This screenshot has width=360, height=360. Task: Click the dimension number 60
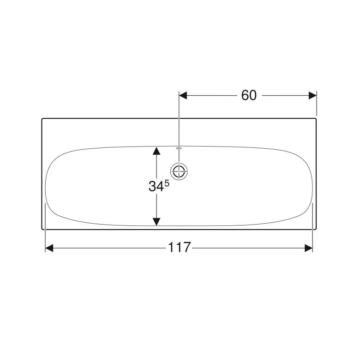click(x=249, y=95)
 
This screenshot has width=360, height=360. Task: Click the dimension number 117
click(x=180, y=247)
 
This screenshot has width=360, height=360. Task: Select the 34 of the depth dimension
click(x=156, y=186)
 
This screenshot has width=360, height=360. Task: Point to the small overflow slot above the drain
click(x=179, y=148)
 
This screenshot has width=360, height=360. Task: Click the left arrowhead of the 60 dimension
click(x=183, y=95)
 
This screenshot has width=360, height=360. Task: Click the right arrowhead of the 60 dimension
click(x=312, y=95)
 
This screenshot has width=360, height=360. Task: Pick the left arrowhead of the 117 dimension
click(x=49, y=248)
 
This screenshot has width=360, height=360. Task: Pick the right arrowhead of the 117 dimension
click(x=309, y=248)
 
